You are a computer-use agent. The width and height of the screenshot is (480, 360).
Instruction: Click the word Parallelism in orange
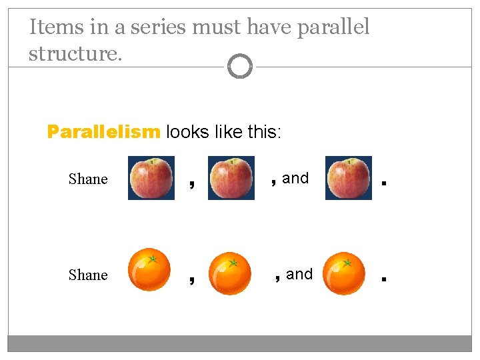103,132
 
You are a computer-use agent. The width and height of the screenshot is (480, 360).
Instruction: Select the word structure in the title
75,53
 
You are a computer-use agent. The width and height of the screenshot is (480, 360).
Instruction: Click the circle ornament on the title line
240,67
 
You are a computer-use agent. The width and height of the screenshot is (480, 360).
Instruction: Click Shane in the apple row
88,179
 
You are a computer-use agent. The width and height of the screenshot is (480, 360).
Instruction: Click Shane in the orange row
88,275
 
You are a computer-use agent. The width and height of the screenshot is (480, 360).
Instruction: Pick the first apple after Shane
151,178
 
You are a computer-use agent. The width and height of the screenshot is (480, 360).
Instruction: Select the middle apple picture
231,178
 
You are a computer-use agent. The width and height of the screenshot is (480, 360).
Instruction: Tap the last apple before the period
349,178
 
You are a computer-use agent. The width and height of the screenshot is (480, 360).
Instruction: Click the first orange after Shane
150,271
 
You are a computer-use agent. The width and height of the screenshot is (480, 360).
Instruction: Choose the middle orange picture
230,273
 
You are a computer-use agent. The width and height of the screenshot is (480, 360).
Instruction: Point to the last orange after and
344,273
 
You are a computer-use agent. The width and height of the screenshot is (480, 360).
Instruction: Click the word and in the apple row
295,178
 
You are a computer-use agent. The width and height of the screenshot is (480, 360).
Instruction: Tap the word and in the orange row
299,274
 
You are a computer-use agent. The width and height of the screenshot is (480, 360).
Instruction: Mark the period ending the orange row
383,279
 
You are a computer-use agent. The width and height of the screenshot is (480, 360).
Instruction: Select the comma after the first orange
192,279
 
